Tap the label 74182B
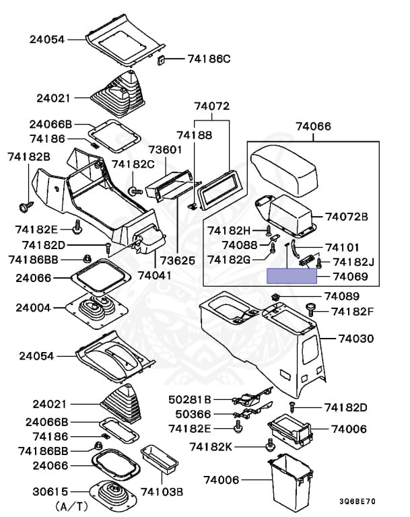click(x=29, y=157)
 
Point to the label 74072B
click(x=347, y=216)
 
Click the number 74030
click(x=355, y=338)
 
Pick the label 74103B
click(x=162, y=492)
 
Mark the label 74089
click(x=342, y=296)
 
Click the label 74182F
click(x=350, y=312)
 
